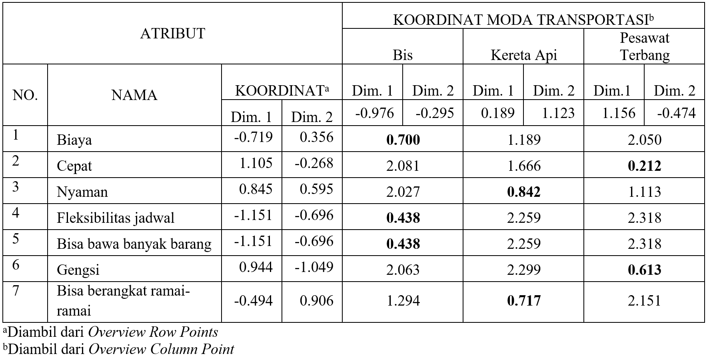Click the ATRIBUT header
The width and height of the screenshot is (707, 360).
172,34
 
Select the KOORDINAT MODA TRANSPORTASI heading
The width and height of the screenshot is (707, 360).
523,20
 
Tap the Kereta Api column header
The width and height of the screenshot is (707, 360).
523,55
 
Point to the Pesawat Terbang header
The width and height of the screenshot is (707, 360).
644,46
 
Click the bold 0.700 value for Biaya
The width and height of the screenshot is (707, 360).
403,140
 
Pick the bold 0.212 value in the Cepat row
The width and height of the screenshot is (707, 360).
644,166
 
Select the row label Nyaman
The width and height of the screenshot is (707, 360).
82,192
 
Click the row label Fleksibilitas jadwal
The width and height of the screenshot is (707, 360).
116,218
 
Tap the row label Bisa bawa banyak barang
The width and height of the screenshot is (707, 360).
134,244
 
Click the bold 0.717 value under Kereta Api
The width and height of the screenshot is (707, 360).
523,301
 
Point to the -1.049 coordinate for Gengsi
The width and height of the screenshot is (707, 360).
314,267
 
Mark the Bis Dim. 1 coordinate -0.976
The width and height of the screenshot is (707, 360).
374,113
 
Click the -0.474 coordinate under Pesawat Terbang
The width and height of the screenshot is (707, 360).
676,113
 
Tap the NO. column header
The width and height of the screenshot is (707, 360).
25,95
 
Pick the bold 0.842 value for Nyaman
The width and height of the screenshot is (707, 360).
523,192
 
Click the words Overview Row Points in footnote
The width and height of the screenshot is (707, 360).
153,332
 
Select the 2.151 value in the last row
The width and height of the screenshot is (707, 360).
644,301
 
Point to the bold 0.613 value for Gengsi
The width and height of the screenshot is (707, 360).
644,270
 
